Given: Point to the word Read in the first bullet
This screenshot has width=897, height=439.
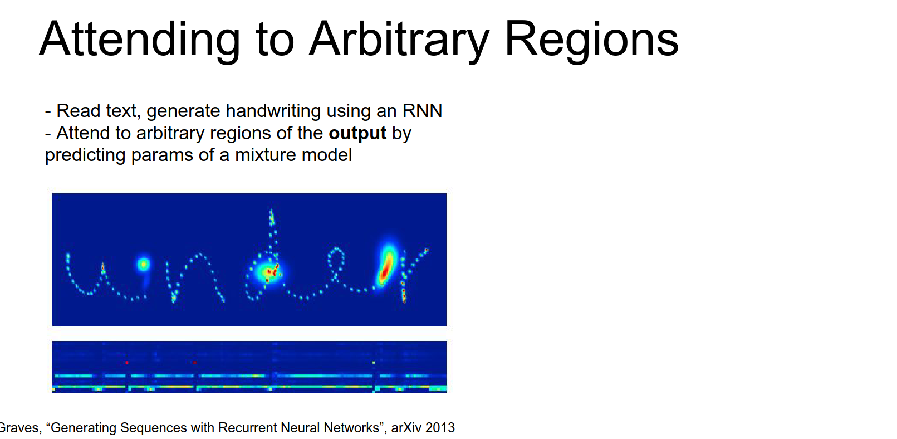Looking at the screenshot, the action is (x=78, y=111).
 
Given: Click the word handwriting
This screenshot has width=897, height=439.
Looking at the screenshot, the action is (x=273, y=111).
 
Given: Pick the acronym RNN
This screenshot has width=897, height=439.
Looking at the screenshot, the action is (x=422, y=111).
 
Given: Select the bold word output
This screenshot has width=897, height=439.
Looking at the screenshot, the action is (x=357, y=133).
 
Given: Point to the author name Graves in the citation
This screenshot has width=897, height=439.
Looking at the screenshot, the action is (x=19, y=428).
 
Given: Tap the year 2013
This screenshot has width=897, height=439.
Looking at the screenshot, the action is (x=440, y=428).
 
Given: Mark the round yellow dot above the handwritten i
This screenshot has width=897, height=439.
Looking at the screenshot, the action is (x=143, y=264).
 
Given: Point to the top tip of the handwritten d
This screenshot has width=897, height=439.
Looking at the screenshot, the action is (x=271, y=209).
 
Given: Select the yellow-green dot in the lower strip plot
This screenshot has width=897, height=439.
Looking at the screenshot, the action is (x=373, y=363).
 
